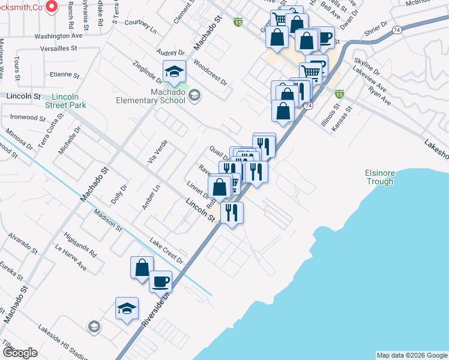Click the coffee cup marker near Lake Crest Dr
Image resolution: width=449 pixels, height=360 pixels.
coord(160,282)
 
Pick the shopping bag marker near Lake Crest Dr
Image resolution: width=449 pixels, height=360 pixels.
coord(142,268)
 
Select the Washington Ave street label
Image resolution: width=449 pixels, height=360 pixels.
coord(58,36)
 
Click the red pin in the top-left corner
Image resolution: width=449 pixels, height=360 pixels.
coord(52,7)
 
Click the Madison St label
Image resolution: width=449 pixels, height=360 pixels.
coord(107,220)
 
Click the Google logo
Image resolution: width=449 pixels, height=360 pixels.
coord(20,352)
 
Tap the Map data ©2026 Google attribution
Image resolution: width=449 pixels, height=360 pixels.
coord(411,355)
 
